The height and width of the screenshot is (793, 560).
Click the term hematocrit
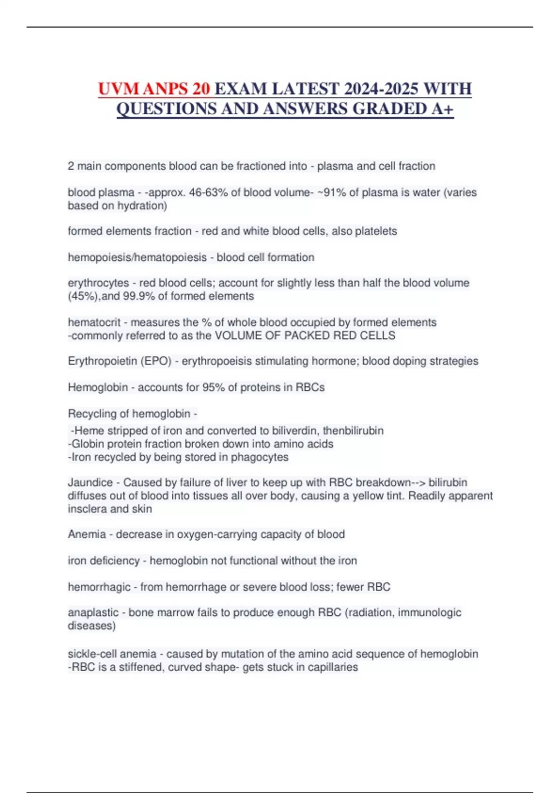coord(94,322)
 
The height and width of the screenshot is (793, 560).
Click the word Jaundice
coord(90,482)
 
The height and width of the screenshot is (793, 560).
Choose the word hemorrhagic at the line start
coord(99,587)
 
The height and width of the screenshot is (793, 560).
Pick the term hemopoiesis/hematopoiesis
coord(137,257)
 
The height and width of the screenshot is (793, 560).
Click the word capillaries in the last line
coord(329,667)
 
